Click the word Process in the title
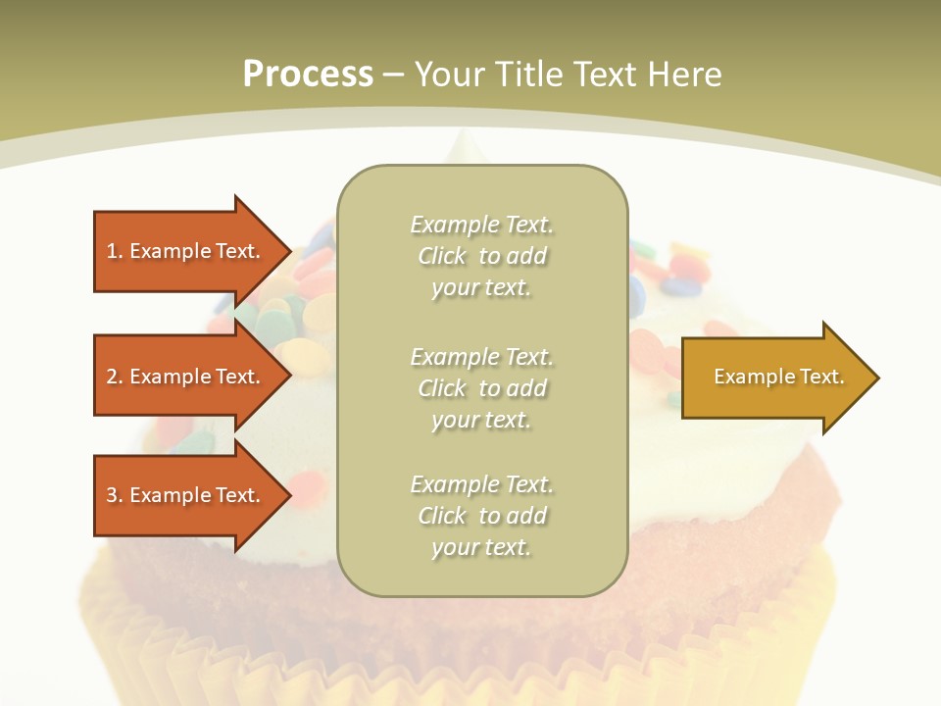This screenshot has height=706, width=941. tap(308, 75)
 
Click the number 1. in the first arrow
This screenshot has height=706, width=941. tap(115, 251)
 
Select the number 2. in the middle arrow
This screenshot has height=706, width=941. tap(115, 377)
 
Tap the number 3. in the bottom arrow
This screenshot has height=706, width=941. tap(115, 495)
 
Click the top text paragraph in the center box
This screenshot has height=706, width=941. tap(481, 256)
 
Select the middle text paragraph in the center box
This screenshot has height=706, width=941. tap(481, 387)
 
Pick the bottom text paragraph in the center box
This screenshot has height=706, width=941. tap(481, 516)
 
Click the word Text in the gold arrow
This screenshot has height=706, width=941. tap(821, 377)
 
